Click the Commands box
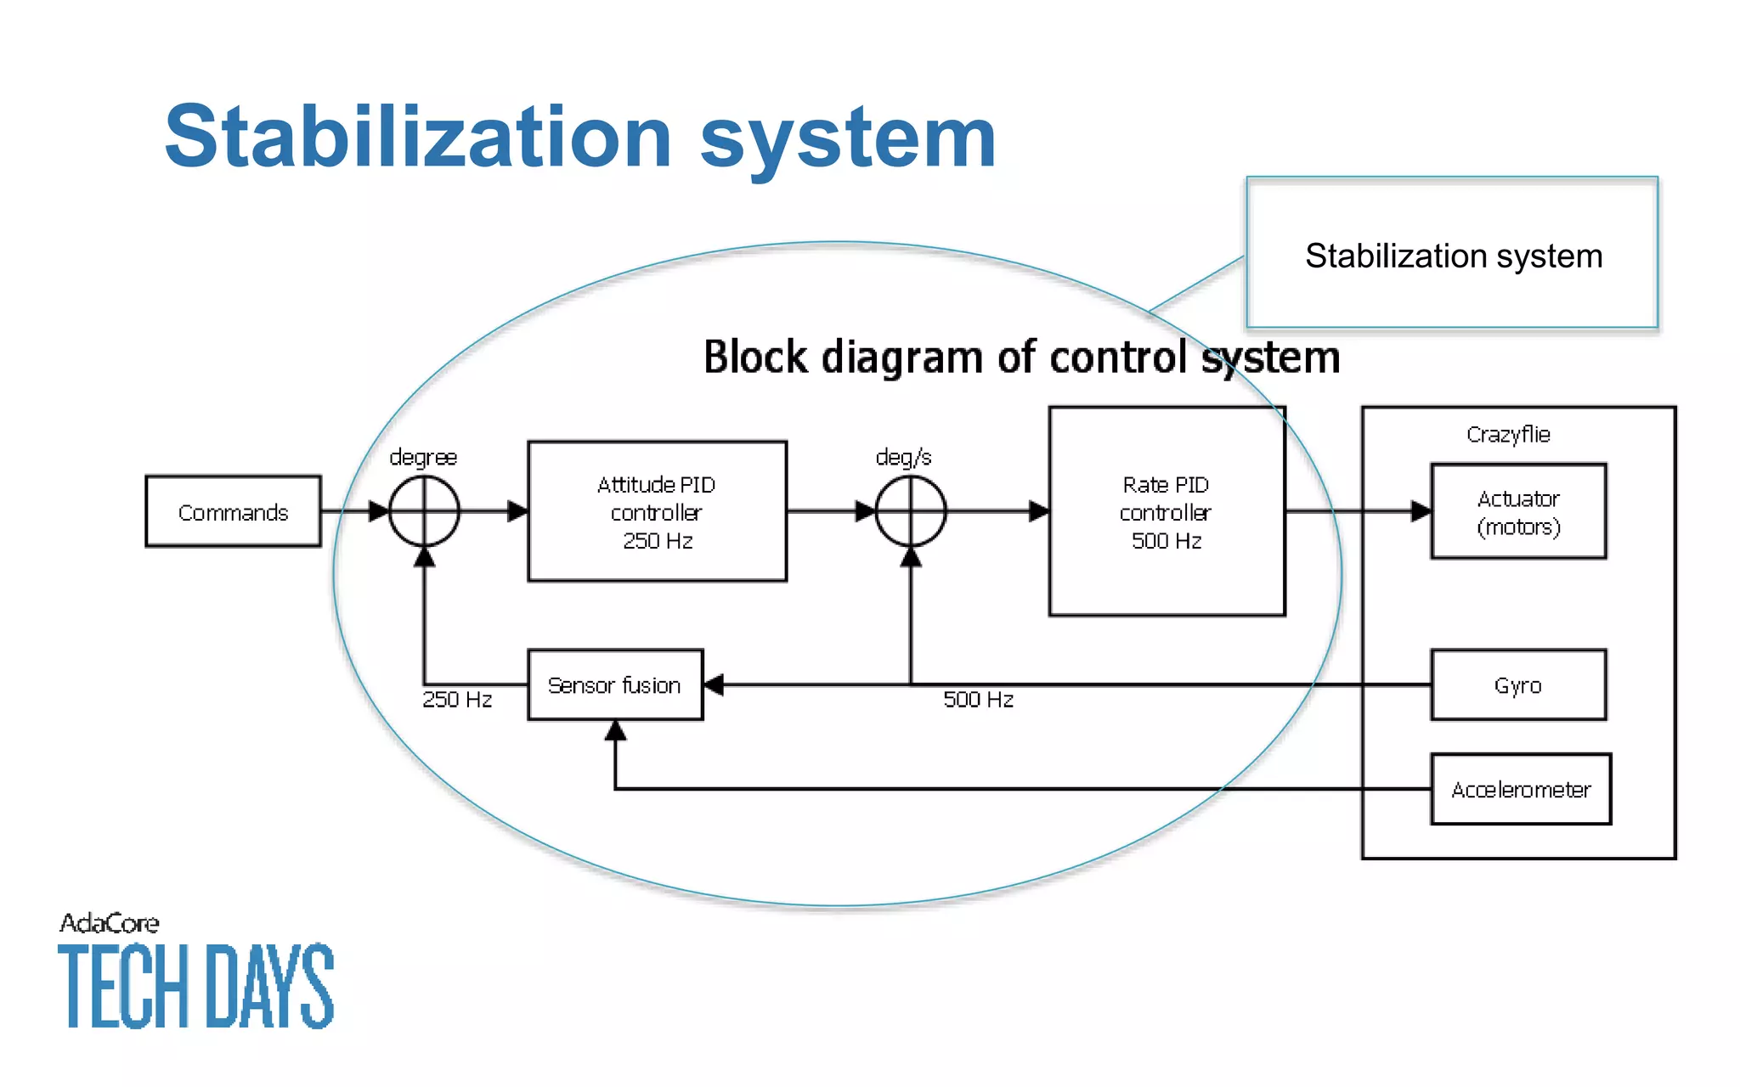(x=233, y=511)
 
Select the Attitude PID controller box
(x=657, y=511)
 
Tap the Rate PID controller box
(x=1167, y=511)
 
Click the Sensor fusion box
(x=615, y=685)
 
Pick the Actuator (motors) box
(x=1518, y=511)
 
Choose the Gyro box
(x=1518, y=685)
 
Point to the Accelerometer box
(x=1521, y=790)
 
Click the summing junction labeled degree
(x=424, y=511)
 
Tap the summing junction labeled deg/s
(x=911, y=511)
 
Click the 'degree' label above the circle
(x=423, y=458)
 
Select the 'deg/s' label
(x=903, y=458)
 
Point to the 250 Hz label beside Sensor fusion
(x=457, y=700)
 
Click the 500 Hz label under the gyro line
(x=978, y=700)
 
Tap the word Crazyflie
(x=1508, y=435)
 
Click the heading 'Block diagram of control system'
(x=1021, y=357)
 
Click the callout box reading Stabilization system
(x=1453, y=255)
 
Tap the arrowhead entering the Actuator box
(x=1421, y=511)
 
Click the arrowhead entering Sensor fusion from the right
(x=715, y=685)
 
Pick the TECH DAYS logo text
(x=196, y=985)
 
